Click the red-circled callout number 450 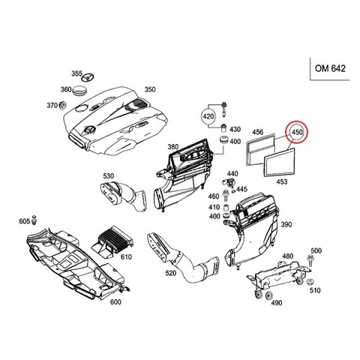click(297, 132)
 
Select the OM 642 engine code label click(330, 68)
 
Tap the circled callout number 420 click(208, 116)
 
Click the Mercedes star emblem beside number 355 click(88, 77)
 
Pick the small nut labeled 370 click(62, 106)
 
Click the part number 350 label click(150, 89)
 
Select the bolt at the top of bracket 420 click(223, 109)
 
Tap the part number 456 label click(257, 131)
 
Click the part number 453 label click(282, 181)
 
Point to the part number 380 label click(173, 147)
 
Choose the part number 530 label click(108, 175)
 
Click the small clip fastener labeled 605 click(34, 220)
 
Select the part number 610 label click(126, 256)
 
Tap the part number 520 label click(171, 273)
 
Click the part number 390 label click(286, 224)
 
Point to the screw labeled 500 click(310, 261)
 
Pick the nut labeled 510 click(310, 281)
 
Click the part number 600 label click(115, 302)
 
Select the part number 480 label click(288, 256)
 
